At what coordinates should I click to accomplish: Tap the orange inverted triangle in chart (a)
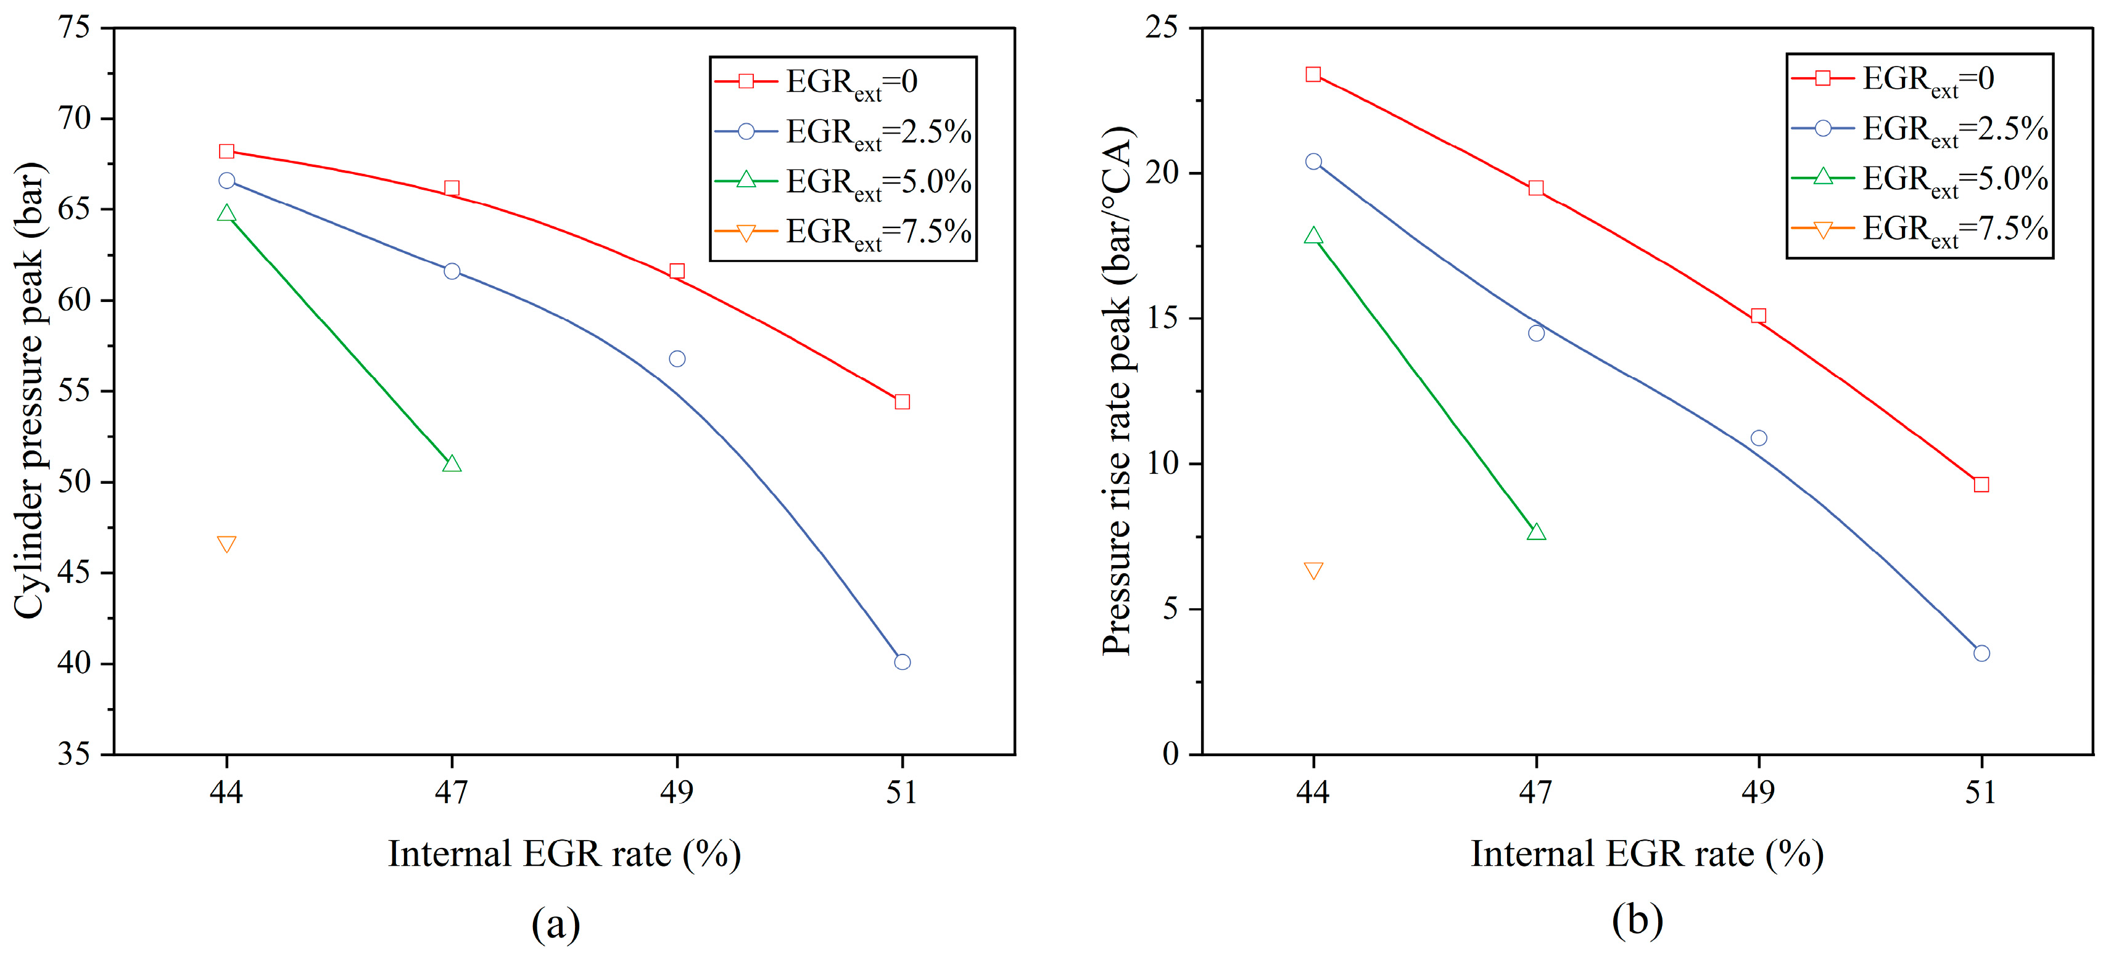tap(227, 544)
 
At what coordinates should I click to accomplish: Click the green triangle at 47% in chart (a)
tap(452, 464)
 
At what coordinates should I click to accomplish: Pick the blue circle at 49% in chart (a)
tap(677, 359)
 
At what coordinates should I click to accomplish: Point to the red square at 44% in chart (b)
tap(1313, 75)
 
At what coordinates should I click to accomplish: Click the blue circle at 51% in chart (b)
tap(1981, 653)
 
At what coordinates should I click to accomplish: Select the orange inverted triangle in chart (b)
tap(1313, 570)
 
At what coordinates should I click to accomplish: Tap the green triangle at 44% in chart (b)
tap(1313, 236)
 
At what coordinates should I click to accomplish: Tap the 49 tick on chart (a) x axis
tap(677, 792)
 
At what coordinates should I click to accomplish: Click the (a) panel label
tap(556, 924)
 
